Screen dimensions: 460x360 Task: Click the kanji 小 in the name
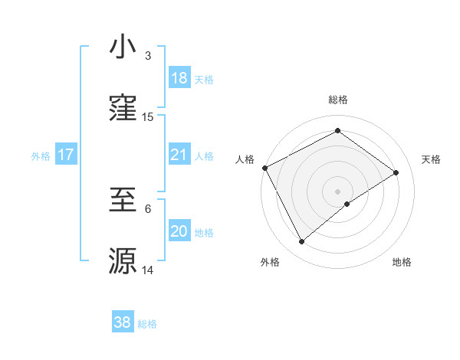pyautogui.click(x=123, y=47)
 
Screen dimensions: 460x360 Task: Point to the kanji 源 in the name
pyautogui.click(x=123, y=260)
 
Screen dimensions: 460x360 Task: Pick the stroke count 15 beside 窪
pyautogui.click(x=148, y=116)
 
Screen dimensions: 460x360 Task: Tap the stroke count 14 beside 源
pyautogui.click(x=148, y=270)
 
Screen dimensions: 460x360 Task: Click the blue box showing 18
pyautogui.click(x=179, y=78)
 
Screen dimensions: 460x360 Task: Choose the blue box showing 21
pyautogui.click(x=179, y=155)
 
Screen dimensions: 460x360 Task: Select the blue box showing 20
pyautogui.click(x=179, y=231)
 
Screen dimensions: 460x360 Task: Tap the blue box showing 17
pyautogui.click(x=65, y=155)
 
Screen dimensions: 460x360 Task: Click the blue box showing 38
pyautogui.click(x=122, y=322)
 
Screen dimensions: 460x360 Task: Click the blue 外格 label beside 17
pyautogui.click(x=41, y=156)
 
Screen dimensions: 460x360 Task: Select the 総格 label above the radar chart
pyautogui.click(x=337, y=100)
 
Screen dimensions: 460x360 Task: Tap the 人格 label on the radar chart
pyautogui.click(x=245, y=159)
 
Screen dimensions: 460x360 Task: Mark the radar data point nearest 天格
pyautogui.click(x=396, y=172)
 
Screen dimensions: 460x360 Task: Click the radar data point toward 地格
pyautogui.click(x=347, y=204)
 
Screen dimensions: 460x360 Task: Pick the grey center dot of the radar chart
pyautogui.click(x=337, y=191)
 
